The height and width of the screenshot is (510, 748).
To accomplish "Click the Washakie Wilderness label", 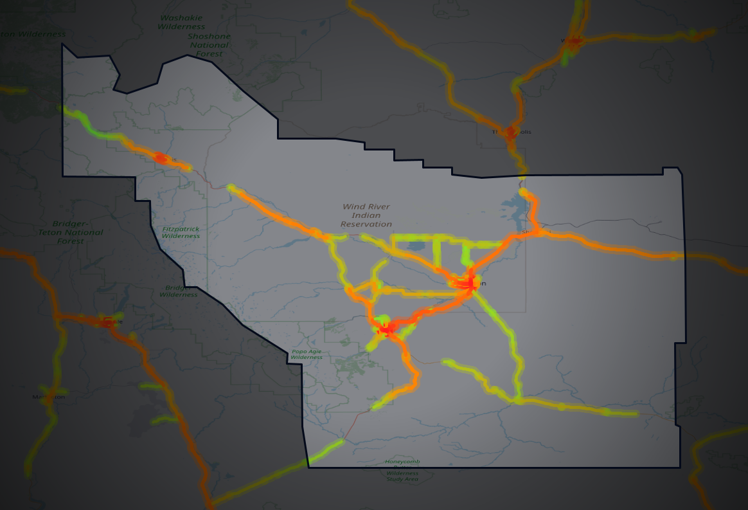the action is (x=181, y=23).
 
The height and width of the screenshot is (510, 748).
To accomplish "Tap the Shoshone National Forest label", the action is (x=208, y=45).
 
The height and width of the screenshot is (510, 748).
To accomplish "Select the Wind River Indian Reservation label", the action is (x=366, y=215).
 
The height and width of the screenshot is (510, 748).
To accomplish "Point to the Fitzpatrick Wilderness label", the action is (x=181, y=232).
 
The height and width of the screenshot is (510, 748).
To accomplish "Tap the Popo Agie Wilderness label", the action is (x=306, y=354).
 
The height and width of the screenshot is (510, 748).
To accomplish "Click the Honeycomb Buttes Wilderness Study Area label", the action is (x=402, y=470).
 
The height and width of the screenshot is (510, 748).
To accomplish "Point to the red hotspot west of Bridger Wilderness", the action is (x=108, y=322).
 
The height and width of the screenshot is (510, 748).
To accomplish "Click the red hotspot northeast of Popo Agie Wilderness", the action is (x=386, y=329).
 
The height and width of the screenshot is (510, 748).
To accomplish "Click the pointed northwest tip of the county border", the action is (x=62, y=44).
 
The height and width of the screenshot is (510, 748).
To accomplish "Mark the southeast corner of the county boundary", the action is (x=680, y=467).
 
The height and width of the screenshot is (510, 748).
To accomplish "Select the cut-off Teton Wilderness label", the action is (x=32, y=34).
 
